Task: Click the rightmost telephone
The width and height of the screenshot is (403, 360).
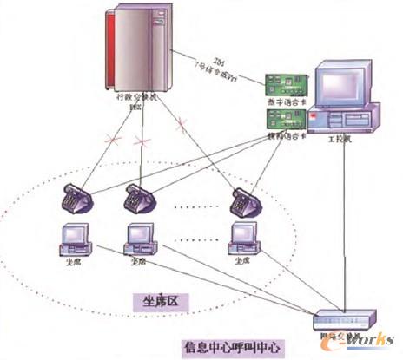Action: (x=244, y=201)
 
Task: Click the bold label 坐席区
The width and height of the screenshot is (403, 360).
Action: (x=165, y=301)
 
